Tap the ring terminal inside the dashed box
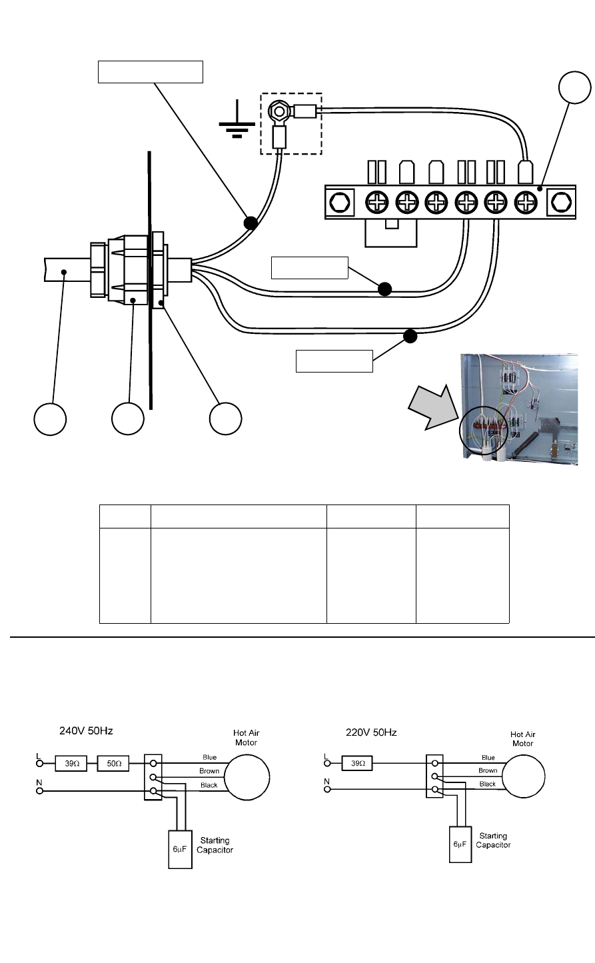279,113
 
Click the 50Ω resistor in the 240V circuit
113,764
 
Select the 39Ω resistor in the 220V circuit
357,763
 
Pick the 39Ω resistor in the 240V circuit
71,764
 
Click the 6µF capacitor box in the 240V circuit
180,849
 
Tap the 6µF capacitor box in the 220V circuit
460,844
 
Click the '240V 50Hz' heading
86,731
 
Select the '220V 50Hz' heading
371,732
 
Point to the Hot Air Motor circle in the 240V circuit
247,777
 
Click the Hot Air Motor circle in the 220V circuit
524,776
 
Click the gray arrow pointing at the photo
432,407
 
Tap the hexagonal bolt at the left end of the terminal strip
340,202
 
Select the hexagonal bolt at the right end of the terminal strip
561,202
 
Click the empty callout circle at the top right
575,87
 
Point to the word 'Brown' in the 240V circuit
209,771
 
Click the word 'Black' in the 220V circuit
488,784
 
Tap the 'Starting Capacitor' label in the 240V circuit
215,845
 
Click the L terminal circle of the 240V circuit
39,764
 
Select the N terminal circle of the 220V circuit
327,789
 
